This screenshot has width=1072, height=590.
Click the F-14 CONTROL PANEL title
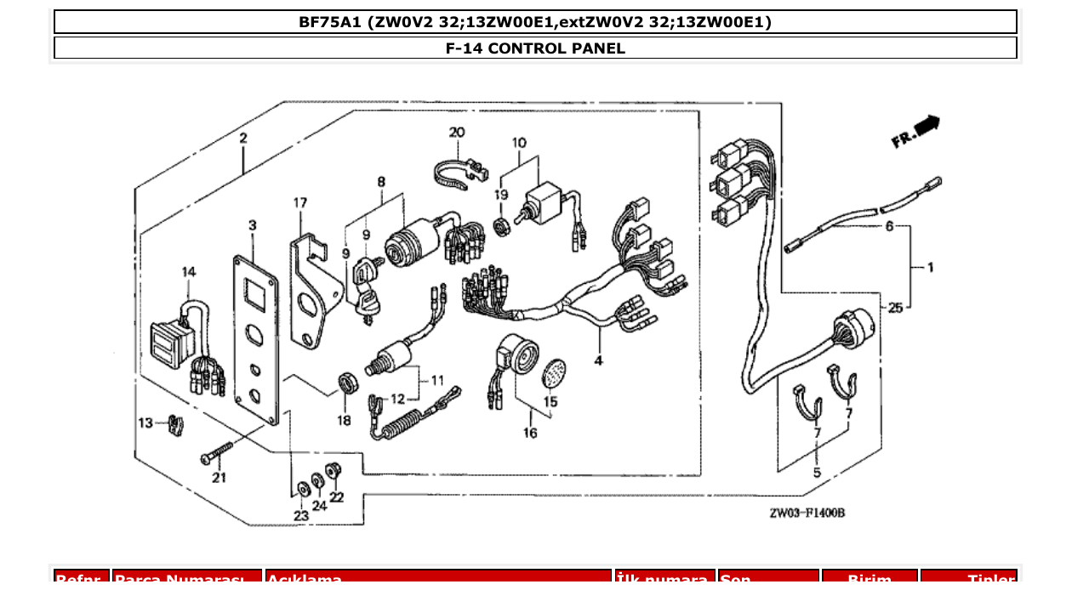pos(535,48)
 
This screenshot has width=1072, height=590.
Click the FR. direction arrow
pos(915,132)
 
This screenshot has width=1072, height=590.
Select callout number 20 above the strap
pos(457,133)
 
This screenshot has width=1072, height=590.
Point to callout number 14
pos(188,272)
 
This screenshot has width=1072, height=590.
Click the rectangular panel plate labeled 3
pos(255,340)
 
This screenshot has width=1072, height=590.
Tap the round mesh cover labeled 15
pos(554,372)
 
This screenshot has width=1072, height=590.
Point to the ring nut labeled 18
pos(345,383)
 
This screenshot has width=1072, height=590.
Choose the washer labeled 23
pos(302,490)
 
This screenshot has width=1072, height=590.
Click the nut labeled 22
pos(334,468)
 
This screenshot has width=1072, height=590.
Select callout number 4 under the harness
pos(599,360)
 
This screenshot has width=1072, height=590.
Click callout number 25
pos(895,308)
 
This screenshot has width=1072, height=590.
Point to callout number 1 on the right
pos(930,268)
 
